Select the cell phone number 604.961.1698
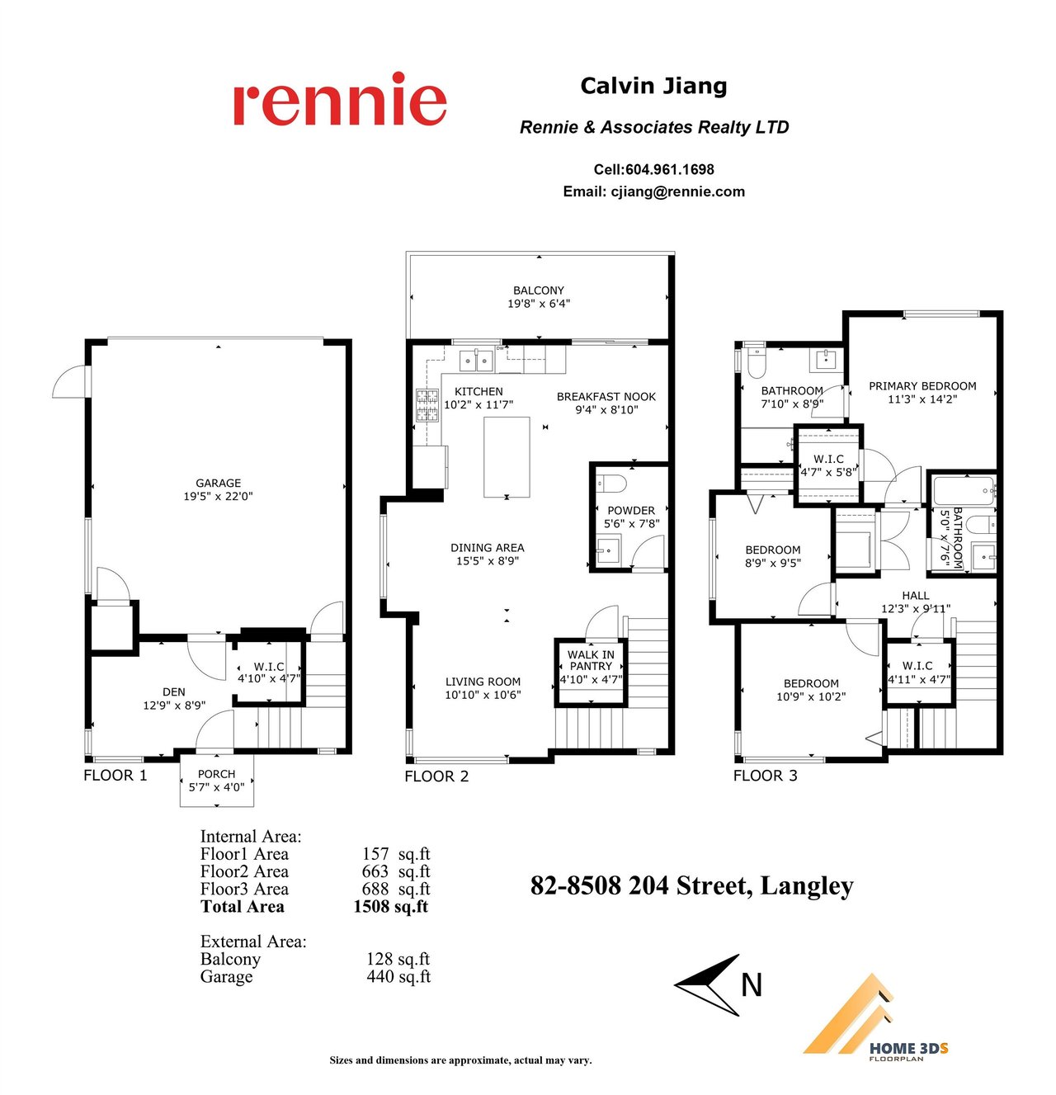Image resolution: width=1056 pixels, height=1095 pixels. tap(662, 168)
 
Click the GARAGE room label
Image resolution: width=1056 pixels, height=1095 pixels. tap(215, 477)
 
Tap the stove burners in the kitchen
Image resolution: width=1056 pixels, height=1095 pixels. tap(422, 401)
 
